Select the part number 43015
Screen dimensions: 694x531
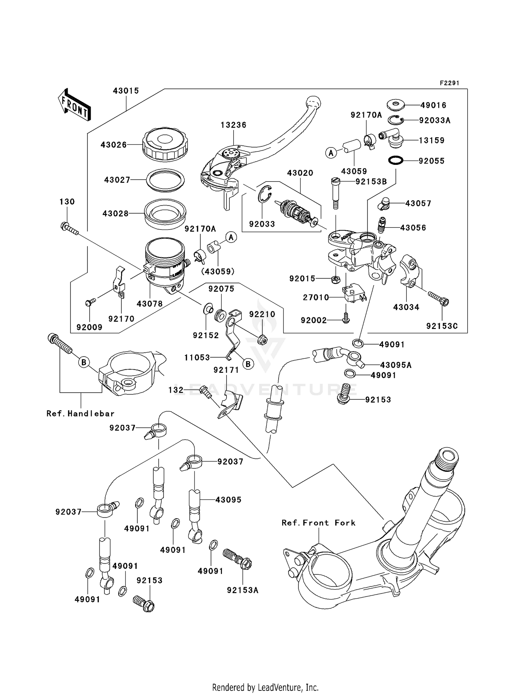126,91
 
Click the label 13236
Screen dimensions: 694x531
233,125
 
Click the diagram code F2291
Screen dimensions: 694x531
449,83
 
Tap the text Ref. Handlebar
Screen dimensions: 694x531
80,413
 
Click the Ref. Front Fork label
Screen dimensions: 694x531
318,523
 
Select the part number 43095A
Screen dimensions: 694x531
396,365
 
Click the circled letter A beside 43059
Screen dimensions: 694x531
331,153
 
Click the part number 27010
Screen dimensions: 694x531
316,297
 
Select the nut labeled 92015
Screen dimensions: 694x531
335,280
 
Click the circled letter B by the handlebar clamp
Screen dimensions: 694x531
84,362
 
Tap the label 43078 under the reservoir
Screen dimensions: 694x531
149,304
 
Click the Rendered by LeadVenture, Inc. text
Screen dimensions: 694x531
265,687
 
